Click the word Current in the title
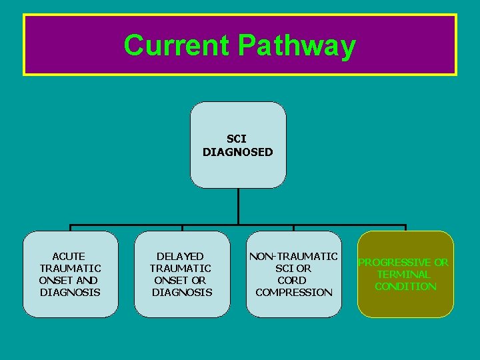tap(177, 45)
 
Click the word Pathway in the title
tap(297, 46)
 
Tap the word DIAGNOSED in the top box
tap(238, 152)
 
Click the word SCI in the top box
tap(236, 139)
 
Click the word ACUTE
tap(69, 256)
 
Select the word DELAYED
tap(180, 256)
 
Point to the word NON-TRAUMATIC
tap(293, 256)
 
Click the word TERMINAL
tap(403, 274)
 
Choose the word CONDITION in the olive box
tap(405, 286)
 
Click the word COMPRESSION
tap(293, 292)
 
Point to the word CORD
tap(292, 280)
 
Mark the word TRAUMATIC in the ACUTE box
tap(70, 268)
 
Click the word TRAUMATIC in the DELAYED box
tap(180, 268)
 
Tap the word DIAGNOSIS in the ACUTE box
tap(70, 292)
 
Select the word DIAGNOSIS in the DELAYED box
tap(182, 292)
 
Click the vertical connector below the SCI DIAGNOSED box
tap(238, 207)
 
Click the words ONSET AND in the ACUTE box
tap(69, 280)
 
